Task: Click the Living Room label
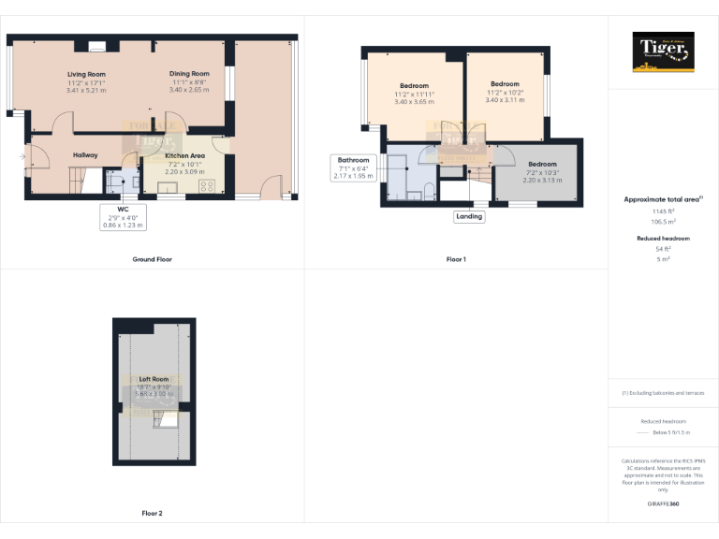click(86, 74)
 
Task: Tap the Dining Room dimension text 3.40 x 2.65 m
click(189, 90)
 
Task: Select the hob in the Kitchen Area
click(206, 184)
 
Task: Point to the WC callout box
click(123, 217)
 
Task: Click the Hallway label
click(85, 154)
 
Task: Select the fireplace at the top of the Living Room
click(96, 45)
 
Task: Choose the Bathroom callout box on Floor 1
click(355, 168)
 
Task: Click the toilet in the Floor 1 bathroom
click(428, 192)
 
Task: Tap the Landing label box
click(469, 216)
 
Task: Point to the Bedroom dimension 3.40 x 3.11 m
click(505, 99)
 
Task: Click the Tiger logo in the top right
click(664, 51)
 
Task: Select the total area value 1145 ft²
click(664, 211)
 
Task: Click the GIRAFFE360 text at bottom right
click(664, 504)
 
